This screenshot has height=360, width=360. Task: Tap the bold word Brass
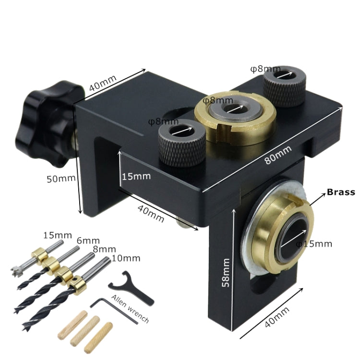coord(341,192)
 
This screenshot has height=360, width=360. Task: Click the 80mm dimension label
coord(278,154)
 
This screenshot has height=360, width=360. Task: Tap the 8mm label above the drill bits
coord(105,250)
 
